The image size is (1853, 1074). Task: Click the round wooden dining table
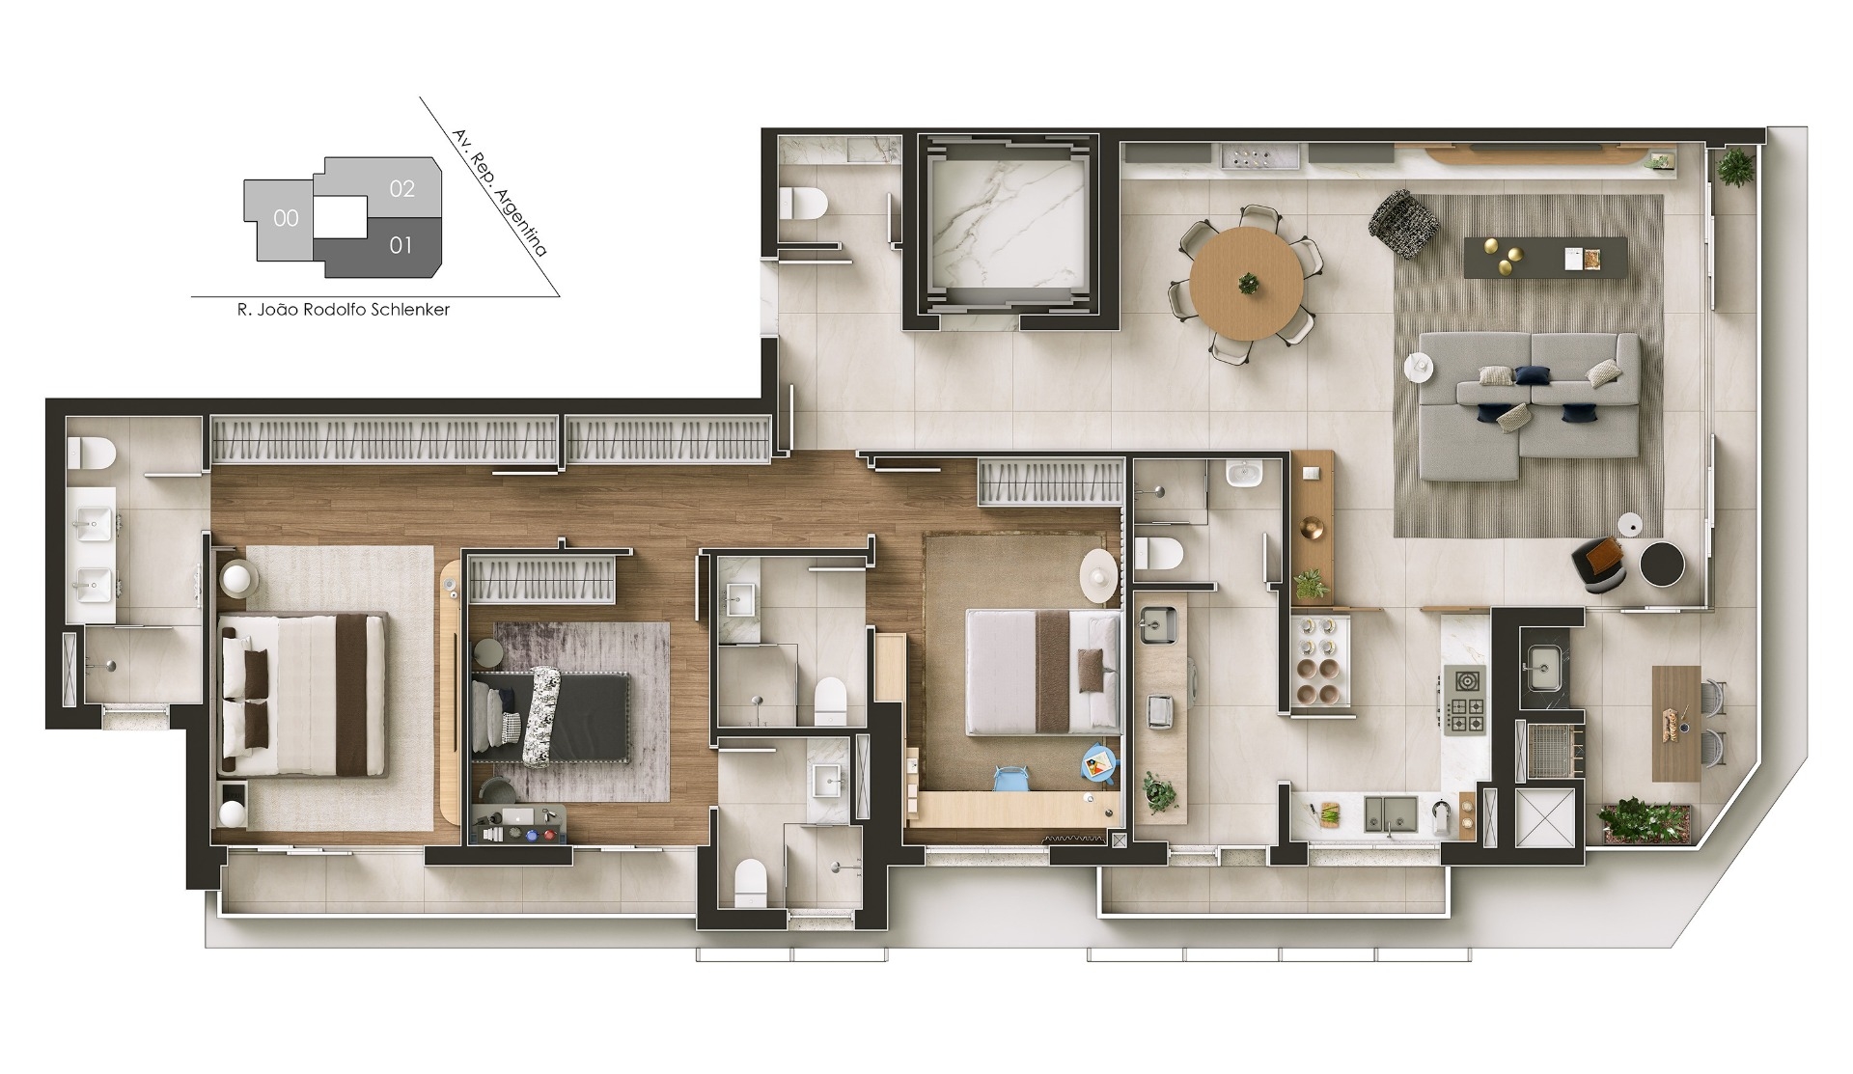click(1247, 283)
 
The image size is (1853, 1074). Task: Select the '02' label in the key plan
click(402, 189)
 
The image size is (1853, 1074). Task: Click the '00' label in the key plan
click(286, 218)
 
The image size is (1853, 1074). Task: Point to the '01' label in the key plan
click(401, 245)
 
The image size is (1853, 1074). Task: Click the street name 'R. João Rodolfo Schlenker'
click(344, 310)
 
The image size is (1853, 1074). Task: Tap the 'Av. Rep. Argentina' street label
click(500, 193)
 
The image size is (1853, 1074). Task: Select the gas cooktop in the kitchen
click(1465, 700)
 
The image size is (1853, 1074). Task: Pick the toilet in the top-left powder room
click(804, 204)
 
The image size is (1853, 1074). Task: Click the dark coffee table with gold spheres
click(1545, 258)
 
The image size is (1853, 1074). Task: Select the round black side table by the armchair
click(1663, 564)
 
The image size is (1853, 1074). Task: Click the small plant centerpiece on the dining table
click(1248, 284)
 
